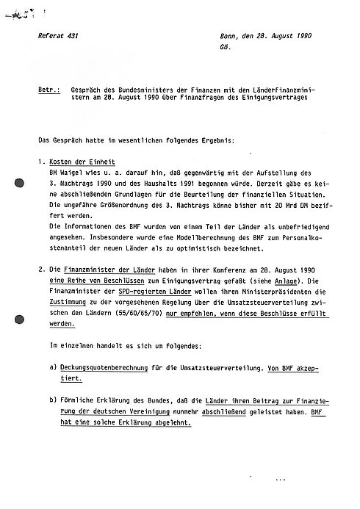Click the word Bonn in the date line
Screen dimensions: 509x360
coord(229,36)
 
